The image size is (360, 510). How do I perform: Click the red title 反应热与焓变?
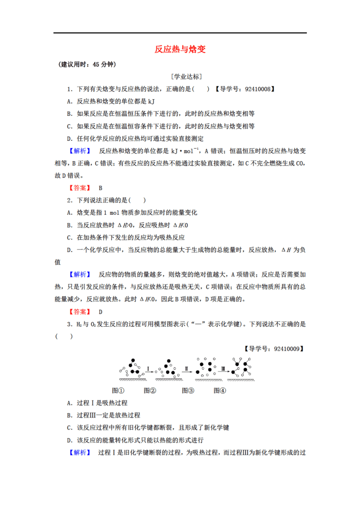click(x=180, y=49)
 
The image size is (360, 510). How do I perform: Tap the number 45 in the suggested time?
click(x=96, y=65)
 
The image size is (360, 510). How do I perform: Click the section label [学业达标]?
click(x=186, y=77)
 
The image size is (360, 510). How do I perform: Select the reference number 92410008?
click(x=258, y=89)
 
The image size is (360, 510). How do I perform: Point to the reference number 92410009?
click(x=287, y=349)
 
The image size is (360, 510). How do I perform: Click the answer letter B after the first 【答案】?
click(x=101, y=188)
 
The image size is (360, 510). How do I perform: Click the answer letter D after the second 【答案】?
click(x=101, y=312)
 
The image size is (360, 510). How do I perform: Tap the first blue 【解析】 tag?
click(x=80, y=151)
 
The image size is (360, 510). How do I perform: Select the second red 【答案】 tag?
click(x=80, y=312)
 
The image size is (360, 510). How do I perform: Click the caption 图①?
click(x=118, y=390)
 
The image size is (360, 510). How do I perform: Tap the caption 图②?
click(x=150, y=390)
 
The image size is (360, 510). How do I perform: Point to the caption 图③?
click(x=188, y=390)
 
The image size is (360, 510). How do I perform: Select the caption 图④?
click(x=220, y=390)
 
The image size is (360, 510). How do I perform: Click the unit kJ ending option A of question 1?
click(x=151, y=102)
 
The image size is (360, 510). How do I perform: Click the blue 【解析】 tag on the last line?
click(x=80, y=453)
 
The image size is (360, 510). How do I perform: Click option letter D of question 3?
click(x=70, y=440)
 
